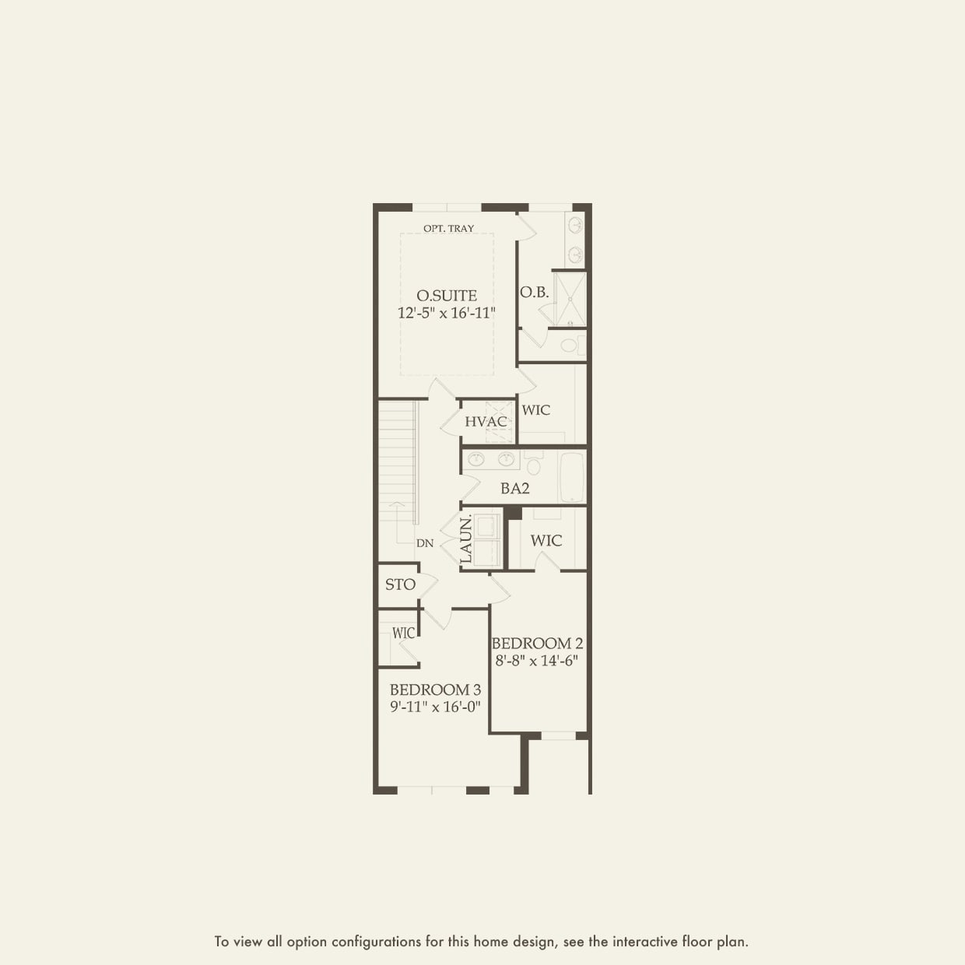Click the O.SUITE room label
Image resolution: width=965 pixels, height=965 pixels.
click(x=447, y=296)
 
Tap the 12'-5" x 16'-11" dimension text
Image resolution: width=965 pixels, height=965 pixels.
click(x=447, y=313)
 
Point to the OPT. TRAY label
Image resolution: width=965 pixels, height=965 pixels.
click(x=448, y=229)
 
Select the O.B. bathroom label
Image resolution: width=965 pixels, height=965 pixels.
click(x=535, y=293)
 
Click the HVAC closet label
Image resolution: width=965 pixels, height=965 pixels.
click(x=486, y=422)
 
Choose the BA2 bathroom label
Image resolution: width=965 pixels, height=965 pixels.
click(x=515, y=489)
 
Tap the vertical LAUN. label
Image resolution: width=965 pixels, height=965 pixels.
click(x=466, y=540)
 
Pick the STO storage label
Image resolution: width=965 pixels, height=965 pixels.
click(x=400, y=584)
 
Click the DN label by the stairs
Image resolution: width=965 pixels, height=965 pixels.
click(x=425, y=543)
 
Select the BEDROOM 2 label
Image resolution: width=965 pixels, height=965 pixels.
click(x=537, y=644)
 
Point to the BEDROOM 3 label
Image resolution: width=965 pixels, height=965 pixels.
click(x=435, y=690)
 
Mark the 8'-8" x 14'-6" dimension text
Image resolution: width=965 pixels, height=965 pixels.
click(x=537, y=661)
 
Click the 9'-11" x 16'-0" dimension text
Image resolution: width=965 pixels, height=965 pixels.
click(x=435, y=707)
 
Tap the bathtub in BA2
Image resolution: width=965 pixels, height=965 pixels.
click(x=572, y=476)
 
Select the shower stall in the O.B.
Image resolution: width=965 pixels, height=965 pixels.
click(x=570, y=298)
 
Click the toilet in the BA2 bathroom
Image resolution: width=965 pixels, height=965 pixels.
click(x=534, y=465)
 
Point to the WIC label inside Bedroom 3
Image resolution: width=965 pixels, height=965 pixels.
click(x=404, y=633)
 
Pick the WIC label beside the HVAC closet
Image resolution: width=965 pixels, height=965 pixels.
click(x=536, y=410)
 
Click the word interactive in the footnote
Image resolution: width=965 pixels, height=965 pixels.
click(x=642, y=942)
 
